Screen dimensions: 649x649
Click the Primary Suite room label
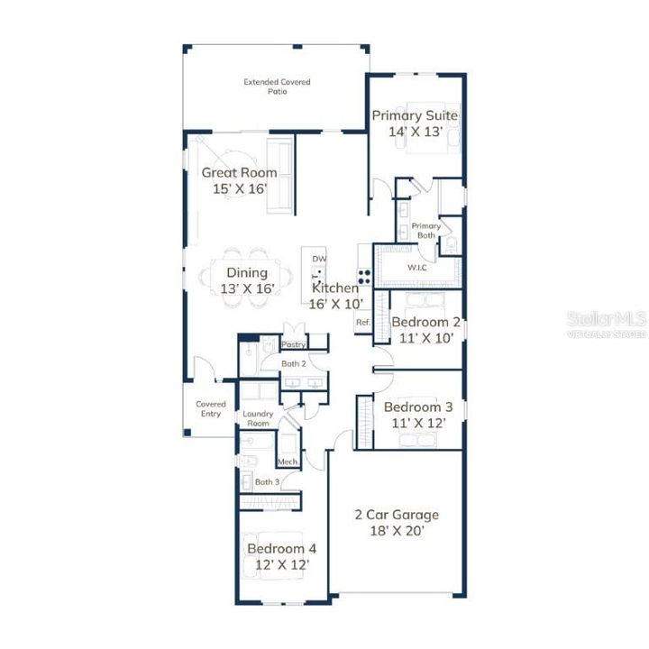[x=416, y=115]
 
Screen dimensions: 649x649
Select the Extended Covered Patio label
[x=277, y=87]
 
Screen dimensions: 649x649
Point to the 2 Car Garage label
[x=396, y=515]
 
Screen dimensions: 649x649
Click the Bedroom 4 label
[x=281, y=548]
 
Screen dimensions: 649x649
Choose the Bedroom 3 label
[x=417, y=407]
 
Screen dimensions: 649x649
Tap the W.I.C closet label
[x=416, y=268]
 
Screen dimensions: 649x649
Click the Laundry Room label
[x=258, y=418]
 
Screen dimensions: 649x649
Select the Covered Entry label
[x=211, y=409]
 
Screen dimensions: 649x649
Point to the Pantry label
[x=294, y=344]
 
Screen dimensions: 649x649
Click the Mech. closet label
[x=288, y=462]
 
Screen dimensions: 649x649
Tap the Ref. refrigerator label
[x=363, y=322]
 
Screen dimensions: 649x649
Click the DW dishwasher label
[x=319, y=259]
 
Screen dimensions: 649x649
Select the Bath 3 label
[x=266, y=482]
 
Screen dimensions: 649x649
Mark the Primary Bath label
[x=425, y=231]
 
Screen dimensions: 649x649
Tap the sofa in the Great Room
[x=279, y=178]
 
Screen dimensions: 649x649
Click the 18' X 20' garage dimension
[x=396, y=531]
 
